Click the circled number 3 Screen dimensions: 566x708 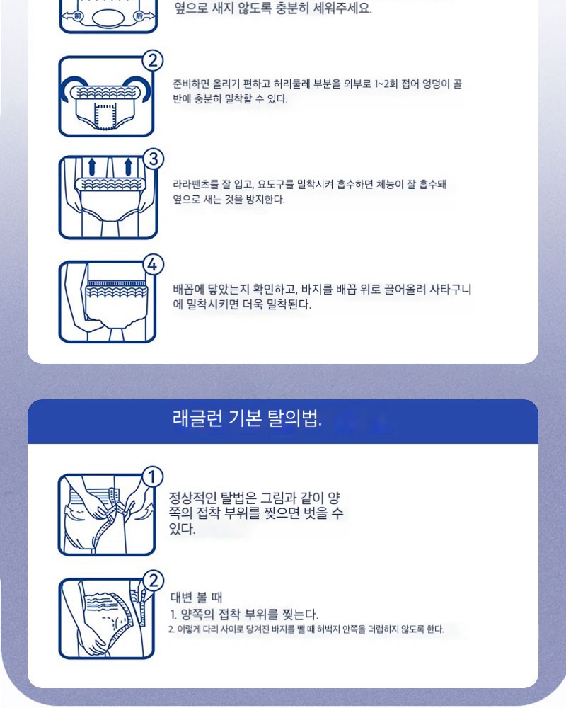pyautogui.click(x=154, y=159)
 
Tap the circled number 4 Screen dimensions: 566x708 pyautogui.click(x=153, y=265)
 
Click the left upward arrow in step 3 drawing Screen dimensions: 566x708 pyautogui.click(x=92, y=166)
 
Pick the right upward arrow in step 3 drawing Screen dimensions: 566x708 pyautogui.click(x=128, y=166)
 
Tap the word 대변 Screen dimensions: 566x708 pyautogui.click(x=181, y=598)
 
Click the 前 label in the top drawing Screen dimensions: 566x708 pyautogui.click(x=78, y=16)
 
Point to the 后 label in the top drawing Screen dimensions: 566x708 pyautogui.click(x=139, y=16)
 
